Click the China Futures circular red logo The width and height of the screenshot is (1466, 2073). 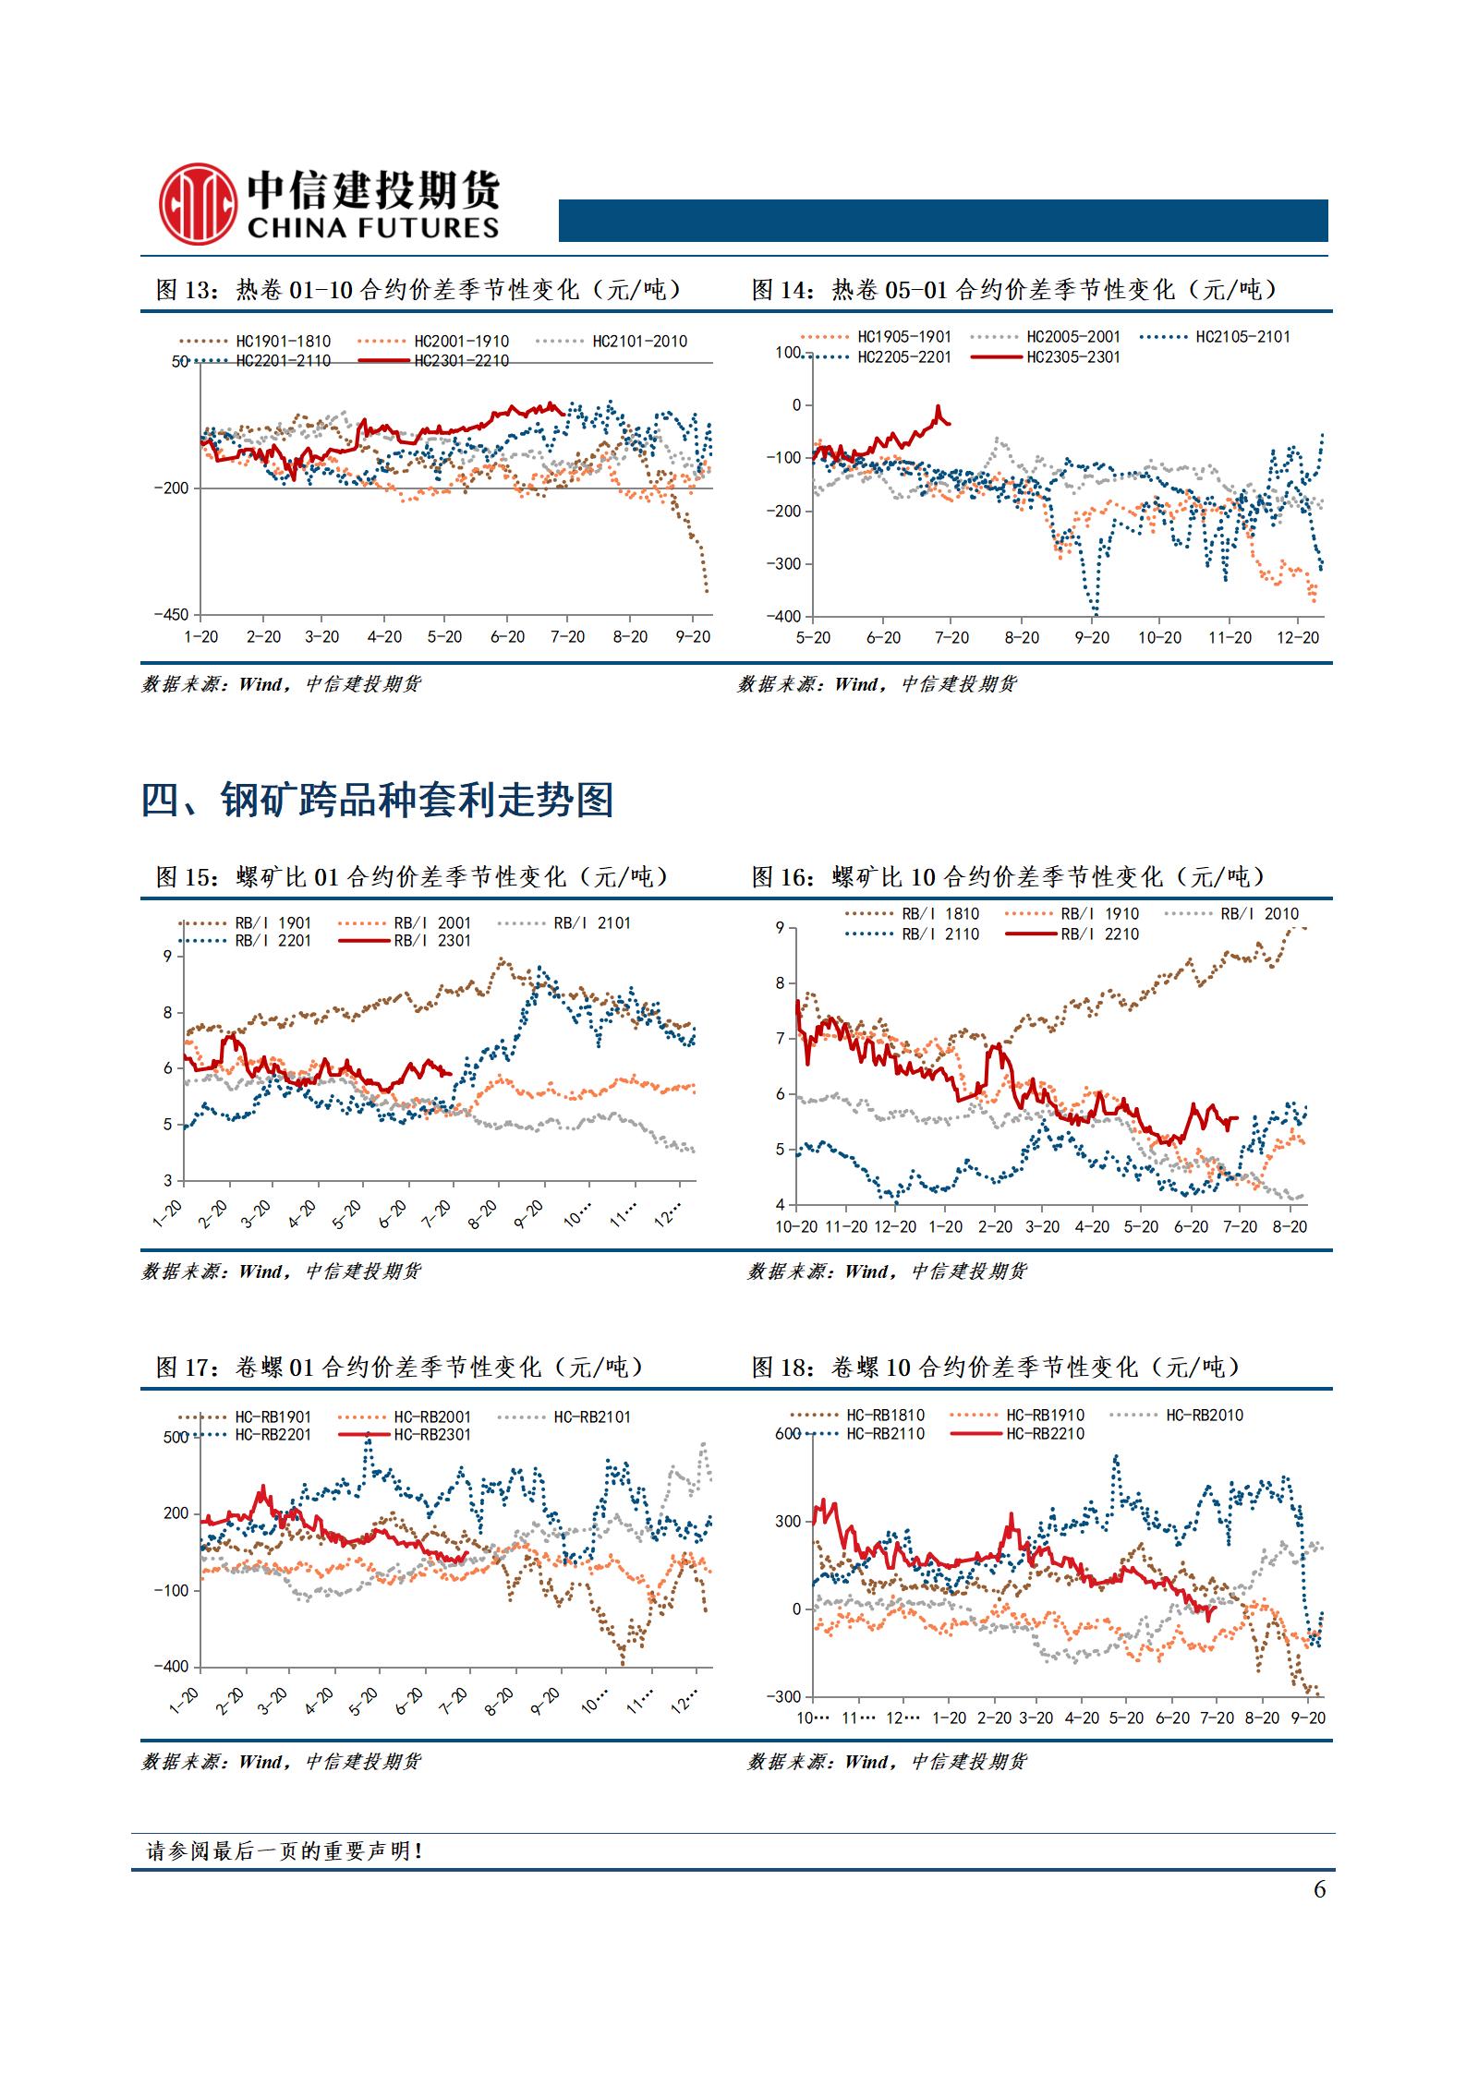[196, 203]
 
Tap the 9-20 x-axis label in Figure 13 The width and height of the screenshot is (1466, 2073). [693, 637]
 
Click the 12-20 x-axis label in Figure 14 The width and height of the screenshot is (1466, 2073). [1297, 638]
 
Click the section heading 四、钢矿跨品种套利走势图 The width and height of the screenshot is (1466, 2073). [377, 800]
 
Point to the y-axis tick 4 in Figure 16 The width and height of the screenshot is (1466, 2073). [781, 1205]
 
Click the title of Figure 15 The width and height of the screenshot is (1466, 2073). [411, 876]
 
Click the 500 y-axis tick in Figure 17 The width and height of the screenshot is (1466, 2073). [176, 1438]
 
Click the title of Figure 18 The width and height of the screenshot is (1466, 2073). [995, 1368]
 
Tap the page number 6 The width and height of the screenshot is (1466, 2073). [1319, 1889]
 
